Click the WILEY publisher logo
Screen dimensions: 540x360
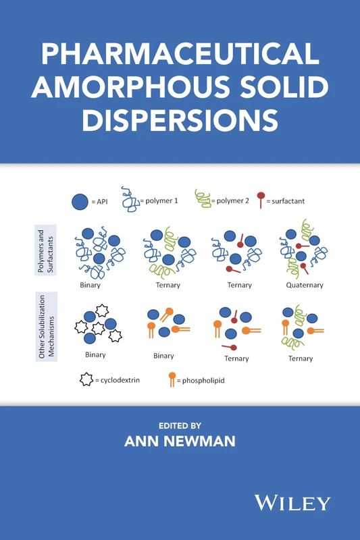tap(292, 502)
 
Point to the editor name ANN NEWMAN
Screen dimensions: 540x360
tap(180, 441)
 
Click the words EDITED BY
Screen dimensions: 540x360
tap(180, 425)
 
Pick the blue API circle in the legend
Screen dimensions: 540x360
tap(80, 200)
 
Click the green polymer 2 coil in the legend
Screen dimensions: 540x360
tap(202, 198)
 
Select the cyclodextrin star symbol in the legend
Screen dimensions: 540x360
tap(86, 379)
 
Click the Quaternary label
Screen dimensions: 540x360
tap(304, 285)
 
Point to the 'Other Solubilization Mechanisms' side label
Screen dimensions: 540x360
tap(45, 326)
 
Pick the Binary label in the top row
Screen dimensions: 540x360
tap(90, 285)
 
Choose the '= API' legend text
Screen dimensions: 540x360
tap(99, 200)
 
